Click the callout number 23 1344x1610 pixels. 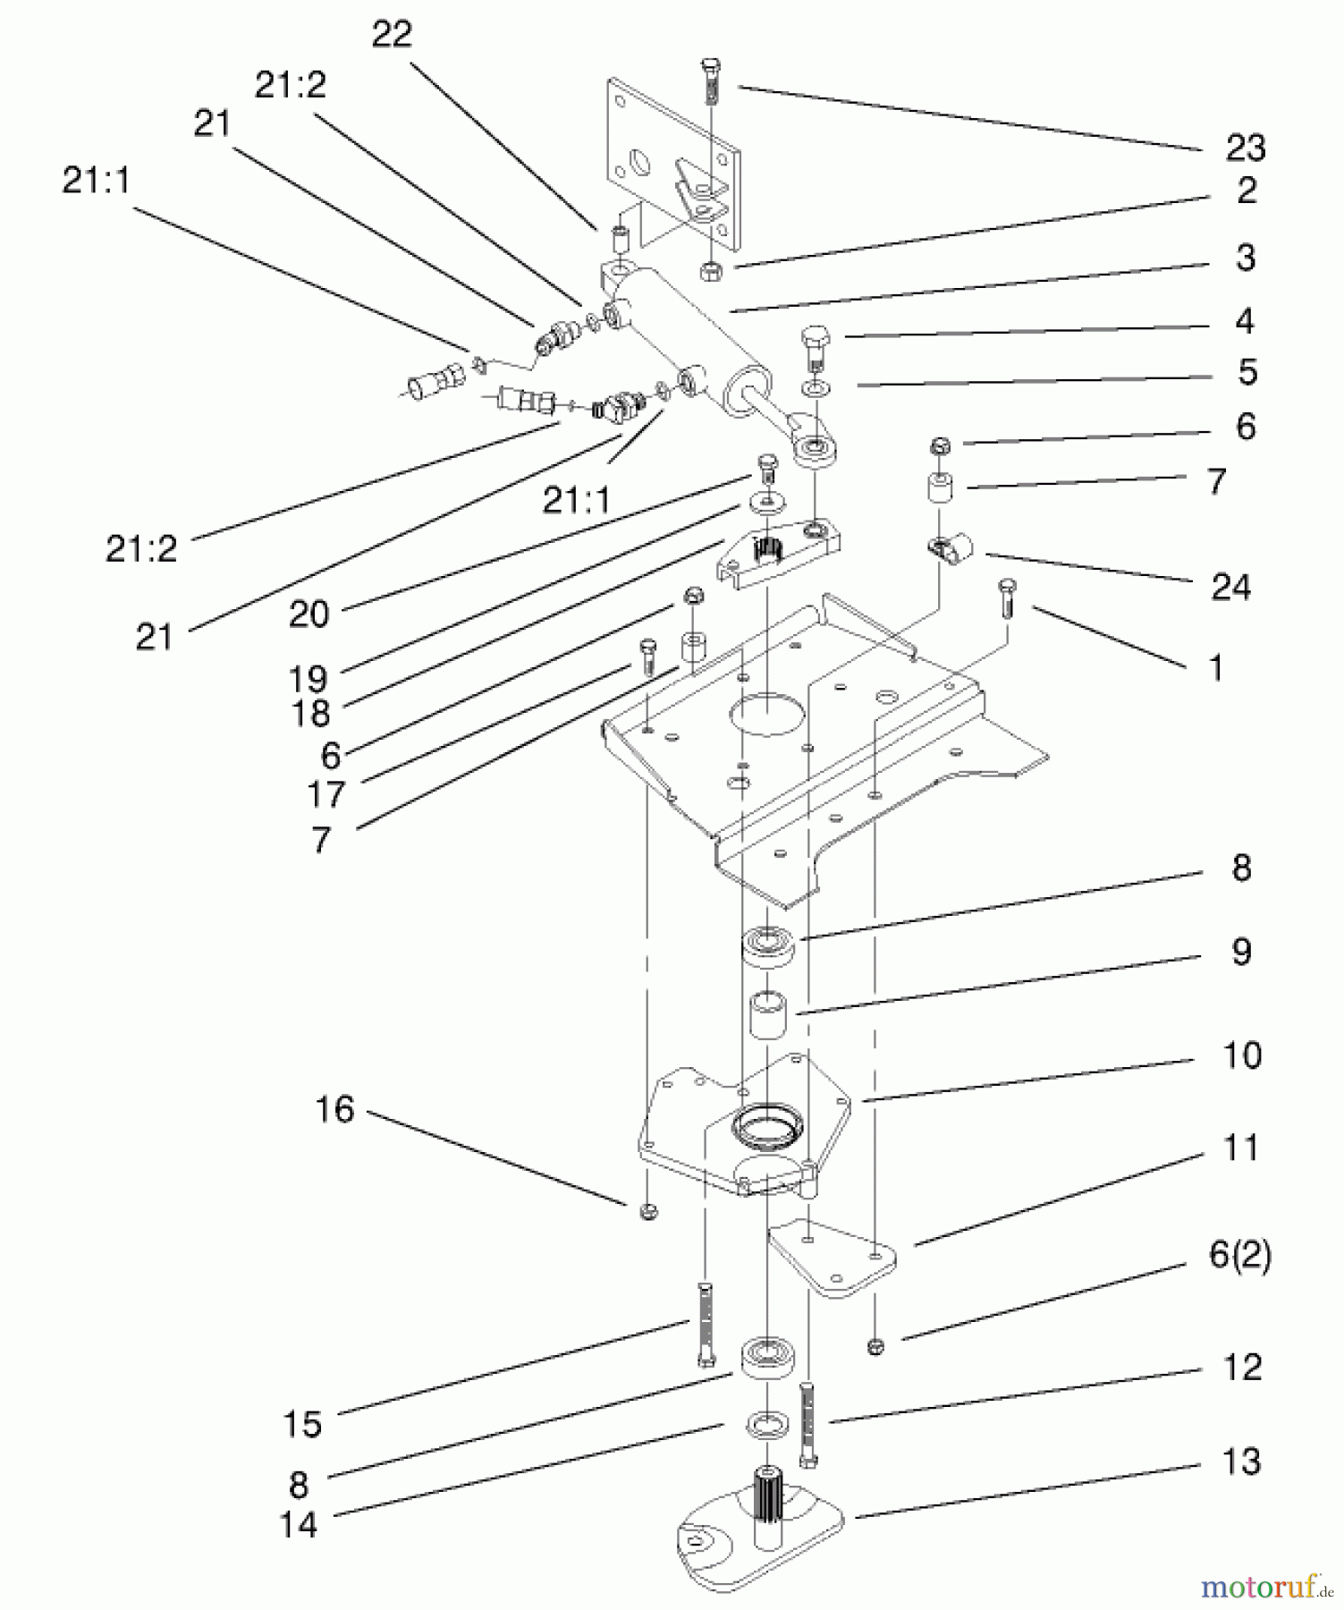pos(1245,148)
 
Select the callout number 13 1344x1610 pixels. pos(1240,1462)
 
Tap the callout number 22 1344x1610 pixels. pos(391,34)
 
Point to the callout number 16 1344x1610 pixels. pos(334,1109)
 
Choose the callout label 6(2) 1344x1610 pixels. pos(1239,1255)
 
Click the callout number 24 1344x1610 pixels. pos(1230,587)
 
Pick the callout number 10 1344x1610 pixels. pos(1241,1055)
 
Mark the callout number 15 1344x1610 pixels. pos(301,1423)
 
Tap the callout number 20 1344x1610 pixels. pos(309,614)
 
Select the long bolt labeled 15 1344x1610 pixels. pos(705,1324)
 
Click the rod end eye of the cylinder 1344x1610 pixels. pos(815,446)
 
